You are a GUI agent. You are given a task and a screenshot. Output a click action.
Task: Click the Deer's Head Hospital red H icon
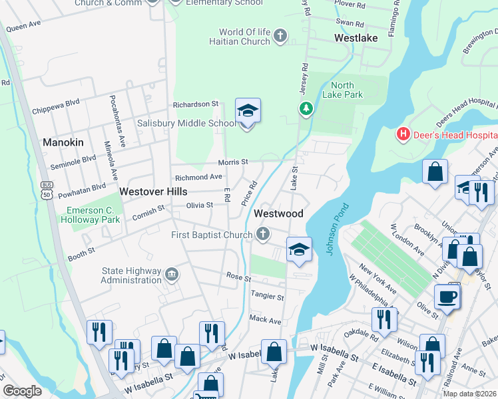(x=403, y=135)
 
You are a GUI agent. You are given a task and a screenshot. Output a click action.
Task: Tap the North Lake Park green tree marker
(x=306, y=108)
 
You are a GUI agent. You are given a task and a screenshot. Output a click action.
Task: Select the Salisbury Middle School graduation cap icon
(x=248, y=112)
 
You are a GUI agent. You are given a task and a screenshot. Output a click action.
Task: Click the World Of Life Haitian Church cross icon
(x=280, y=35)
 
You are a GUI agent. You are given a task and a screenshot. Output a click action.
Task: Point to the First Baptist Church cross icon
(x=264, y=234)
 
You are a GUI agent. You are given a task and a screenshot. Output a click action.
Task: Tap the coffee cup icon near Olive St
(x=447, y=297)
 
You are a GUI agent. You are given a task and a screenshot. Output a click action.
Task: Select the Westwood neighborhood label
(x=278, y=213)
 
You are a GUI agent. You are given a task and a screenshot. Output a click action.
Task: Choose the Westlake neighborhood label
(x=356, y=38)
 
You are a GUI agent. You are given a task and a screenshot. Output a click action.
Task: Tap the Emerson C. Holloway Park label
(x=93, y=215)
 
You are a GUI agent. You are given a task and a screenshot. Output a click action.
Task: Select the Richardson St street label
(x=196, y=104)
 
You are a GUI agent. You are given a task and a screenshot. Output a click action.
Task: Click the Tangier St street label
(x=267, y=295)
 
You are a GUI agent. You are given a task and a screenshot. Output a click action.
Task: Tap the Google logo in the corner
(x=22, y=390)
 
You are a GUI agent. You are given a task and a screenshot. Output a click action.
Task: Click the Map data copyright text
(x=470, y=394)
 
